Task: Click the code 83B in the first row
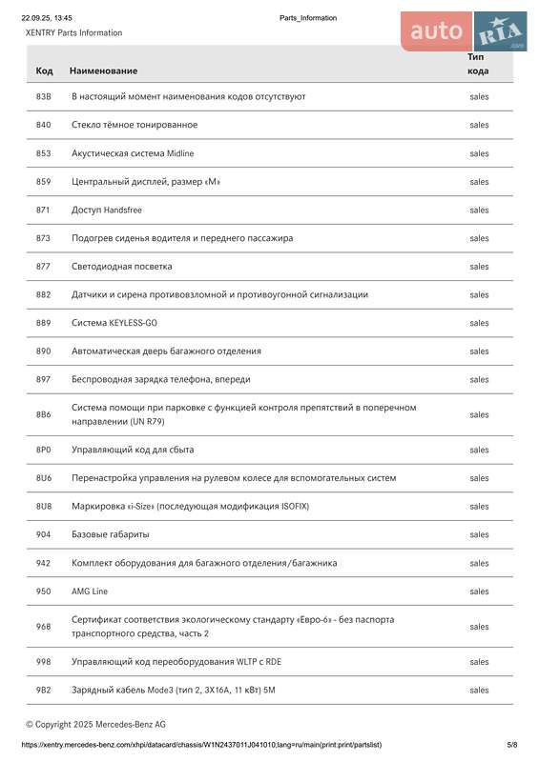pos(44,96)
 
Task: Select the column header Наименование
pos(103,70)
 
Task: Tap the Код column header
pos(45,70)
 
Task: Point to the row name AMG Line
pos(90,592)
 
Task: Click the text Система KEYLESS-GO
pos(114,323)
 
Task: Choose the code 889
pos(44,323)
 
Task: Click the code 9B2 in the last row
pos(44,690)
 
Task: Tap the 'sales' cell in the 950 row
pos(479,592)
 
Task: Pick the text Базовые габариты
pos(110,534)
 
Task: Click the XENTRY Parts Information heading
pos(73,32)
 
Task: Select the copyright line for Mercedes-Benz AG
pos(95,724)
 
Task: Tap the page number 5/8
pos(512,744)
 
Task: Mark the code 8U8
pos(44,506)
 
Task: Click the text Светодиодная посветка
pos(122,267)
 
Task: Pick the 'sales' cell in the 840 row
pos(479,125)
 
